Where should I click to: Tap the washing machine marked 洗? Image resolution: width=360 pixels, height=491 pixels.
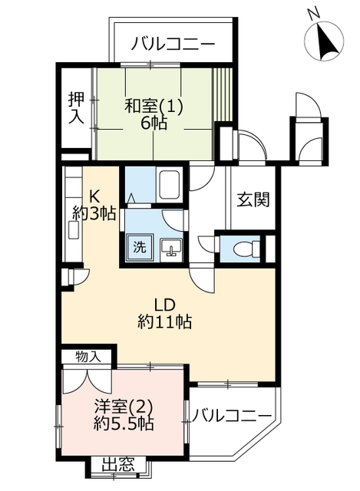click(x=140, y=247)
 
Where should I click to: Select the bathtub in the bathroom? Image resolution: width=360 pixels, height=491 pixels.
click(x=169, y=185)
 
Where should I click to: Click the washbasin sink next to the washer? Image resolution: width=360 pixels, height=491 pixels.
click(x=170, y=249)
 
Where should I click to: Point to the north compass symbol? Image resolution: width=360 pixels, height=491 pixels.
click(x=324, y=40)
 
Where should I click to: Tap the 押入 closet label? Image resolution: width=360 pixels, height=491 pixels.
click(x=77, y=107)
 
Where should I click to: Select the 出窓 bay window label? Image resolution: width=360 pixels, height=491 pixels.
click(x=118, y=465)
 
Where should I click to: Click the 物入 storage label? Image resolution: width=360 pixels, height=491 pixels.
click(x=88, y=357)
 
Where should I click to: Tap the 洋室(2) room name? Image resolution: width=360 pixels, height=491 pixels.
click(x=124, y=407)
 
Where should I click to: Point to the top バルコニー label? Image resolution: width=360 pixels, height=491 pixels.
click(x=173, y=44)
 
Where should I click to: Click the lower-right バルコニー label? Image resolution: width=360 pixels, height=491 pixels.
click(x=231, y=416)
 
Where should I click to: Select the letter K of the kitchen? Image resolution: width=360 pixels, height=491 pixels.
click(x=94, y=197)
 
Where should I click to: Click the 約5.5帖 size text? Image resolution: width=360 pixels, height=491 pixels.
click(x=124, y=424)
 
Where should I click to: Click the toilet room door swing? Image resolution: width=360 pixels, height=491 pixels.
click(x=206, y=245)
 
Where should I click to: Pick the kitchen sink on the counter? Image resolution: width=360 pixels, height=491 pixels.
click(x=74, y=229)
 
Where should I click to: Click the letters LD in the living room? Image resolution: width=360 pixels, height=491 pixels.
click(x=164, y=304)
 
